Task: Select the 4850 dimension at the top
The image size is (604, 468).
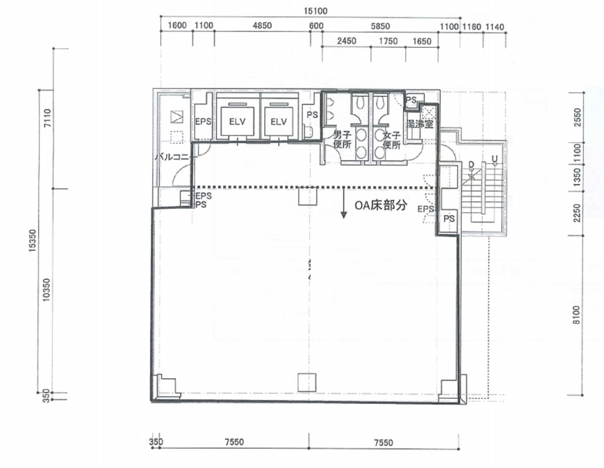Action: [262, 26]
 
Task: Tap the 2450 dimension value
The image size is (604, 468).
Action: [347, 41]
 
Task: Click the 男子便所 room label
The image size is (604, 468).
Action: [342, 139]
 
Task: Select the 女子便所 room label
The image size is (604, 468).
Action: [391, 139]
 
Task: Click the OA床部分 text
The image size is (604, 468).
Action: [380, 206]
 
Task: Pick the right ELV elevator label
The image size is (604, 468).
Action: [278, 121]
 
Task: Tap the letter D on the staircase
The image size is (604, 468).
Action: [471, 165]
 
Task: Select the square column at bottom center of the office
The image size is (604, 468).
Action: [307, 382]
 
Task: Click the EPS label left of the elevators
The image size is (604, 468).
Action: [203, 121]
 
